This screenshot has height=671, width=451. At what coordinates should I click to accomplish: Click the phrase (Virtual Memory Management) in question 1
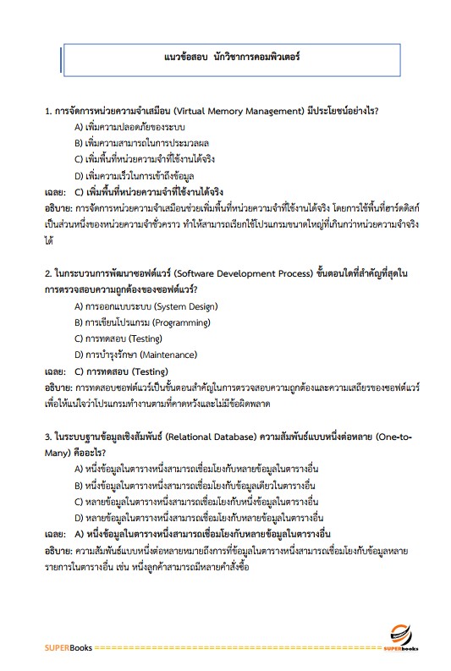233,111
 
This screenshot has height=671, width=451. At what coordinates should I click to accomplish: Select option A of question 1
129,127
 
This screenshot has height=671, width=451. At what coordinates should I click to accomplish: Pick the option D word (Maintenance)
168,355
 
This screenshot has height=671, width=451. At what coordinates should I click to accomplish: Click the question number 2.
47,274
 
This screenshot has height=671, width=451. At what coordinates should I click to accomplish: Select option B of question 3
195,485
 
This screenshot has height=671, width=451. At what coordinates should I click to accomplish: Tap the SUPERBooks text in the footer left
69,648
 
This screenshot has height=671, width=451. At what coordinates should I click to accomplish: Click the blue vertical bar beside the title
62,60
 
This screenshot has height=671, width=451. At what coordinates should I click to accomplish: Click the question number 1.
47,111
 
